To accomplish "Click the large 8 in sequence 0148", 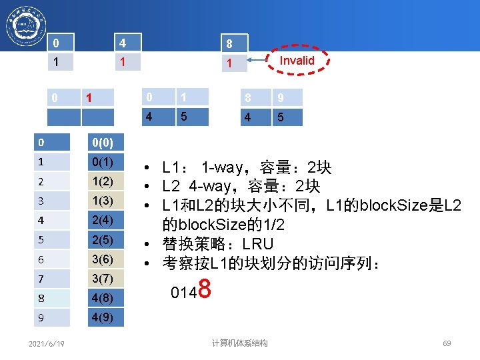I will point(205,290).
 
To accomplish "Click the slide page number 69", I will point(447,343).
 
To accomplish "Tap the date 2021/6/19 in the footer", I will point(47,343).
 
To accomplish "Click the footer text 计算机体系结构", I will point(240,343).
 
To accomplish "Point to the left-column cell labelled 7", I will point(53,278).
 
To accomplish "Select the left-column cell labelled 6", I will point(53,259).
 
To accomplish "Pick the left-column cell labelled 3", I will point(53,201).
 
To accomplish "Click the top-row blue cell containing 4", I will point(127,43).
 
